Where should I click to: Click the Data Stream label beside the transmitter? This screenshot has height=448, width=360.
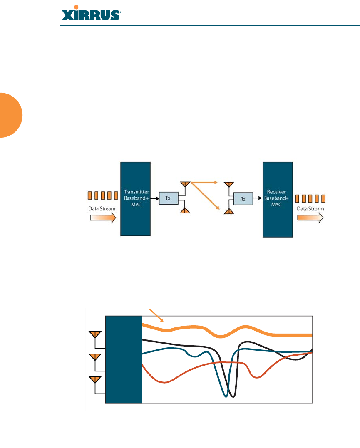point(102,208)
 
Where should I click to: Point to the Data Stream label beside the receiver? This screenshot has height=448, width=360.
point(310,208)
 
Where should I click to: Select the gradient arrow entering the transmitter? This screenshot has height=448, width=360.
point(103,219)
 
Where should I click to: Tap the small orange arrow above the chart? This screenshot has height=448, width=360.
point(157,315)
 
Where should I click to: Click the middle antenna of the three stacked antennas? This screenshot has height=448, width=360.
point(95,357)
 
